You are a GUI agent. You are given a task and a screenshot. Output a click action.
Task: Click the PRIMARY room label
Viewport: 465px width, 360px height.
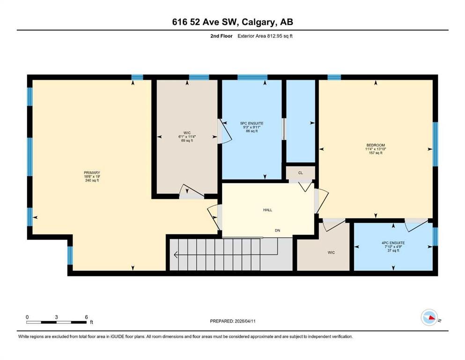(92, 172)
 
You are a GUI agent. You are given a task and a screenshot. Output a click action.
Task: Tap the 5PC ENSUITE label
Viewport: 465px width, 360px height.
(252, 123)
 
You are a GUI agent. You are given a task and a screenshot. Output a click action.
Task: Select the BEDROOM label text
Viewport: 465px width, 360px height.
(376, 145)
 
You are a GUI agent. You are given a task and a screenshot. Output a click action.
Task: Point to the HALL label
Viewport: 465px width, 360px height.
(267, 210)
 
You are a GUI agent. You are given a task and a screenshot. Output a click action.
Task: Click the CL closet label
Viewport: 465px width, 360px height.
(301, 172)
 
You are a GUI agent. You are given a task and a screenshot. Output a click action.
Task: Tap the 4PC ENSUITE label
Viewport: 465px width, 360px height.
(393, 243)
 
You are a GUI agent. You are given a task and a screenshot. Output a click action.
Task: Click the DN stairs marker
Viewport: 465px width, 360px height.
(277, 231)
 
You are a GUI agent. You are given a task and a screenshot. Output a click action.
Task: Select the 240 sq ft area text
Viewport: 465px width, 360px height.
(92, 180)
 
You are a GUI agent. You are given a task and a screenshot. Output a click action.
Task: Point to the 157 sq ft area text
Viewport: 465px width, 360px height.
(376, 153)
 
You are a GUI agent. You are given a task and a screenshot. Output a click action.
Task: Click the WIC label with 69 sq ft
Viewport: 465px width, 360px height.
(187, 133)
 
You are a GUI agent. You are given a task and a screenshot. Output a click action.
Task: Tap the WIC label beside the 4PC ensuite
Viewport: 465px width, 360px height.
(331, 253)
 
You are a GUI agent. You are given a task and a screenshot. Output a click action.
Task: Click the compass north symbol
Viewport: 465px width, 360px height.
(429, 317)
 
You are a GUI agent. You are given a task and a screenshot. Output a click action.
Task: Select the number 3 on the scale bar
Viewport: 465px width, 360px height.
(56, 317)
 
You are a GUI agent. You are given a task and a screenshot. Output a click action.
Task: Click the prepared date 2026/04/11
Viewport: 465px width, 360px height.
(245, 321)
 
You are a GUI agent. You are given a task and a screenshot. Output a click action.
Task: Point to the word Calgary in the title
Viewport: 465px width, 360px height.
(258, 22)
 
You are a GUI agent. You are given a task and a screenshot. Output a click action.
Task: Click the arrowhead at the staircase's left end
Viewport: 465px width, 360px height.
(176, 255)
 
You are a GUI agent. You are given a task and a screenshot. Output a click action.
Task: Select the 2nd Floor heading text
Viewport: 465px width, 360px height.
(221, 36)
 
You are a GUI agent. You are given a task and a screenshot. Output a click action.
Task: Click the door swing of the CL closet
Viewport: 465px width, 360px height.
(305, 187)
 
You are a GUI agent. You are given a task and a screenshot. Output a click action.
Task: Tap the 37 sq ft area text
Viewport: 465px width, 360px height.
(393, 251)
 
